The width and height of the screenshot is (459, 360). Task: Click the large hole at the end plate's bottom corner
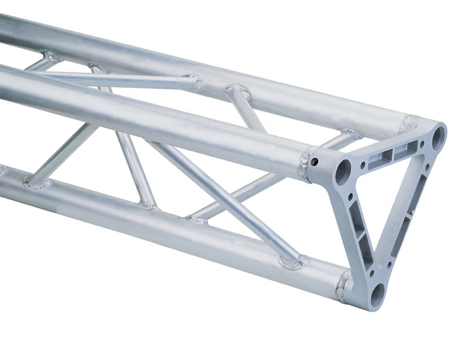pyautogui.click(x=378, y=294)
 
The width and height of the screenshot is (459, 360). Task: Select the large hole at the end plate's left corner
pyautogui.click(x=343, y=172)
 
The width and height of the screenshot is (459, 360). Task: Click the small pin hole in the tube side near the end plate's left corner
pyautogui.click(x=315, y=161)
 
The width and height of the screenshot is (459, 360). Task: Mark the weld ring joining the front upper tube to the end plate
pyautogui.click(x=306, y=164)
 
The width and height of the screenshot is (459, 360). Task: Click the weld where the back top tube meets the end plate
pyautogui.click(x=410, y=122)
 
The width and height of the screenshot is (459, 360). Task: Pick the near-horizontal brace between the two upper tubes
pyautogui.click(x=118, y=79)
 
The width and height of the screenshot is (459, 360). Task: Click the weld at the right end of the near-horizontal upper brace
pyautogui.click(x=196, y=83)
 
